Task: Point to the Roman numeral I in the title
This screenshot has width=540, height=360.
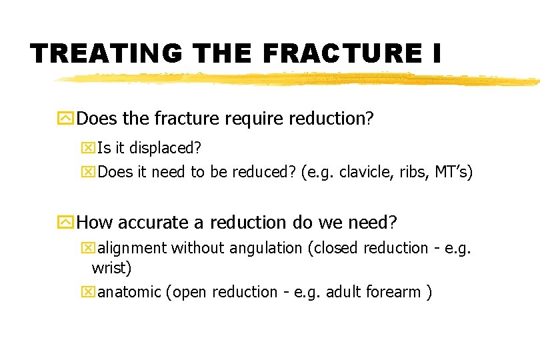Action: pos(435,53)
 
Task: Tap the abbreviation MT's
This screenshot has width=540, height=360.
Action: pos(453,173)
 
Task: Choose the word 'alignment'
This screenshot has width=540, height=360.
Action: pos(133,249)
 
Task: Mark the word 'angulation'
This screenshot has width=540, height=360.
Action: pos(266,249)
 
